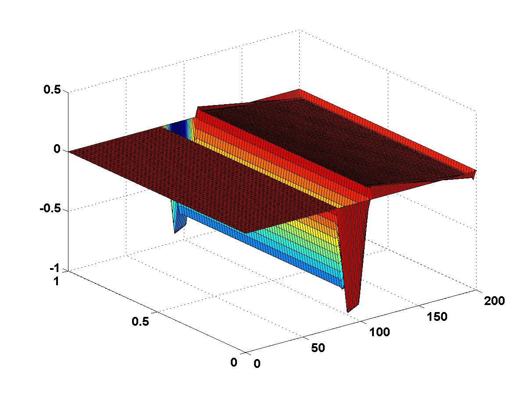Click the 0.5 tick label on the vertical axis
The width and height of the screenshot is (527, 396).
tap(52, 89)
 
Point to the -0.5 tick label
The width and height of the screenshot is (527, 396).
tap(50, 208)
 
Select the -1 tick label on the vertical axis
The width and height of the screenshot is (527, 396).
tap(54, 268)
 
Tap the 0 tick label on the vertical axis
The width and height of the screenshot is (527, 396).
tap(57, 149)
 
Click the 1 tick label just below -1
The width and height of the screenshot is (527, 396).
tap(57, 281)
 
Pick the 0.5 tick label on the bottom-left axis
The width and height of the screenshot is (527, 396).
tap(140, 321)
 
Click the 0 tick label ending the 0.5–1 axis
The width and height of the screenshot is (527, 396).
tap(234, 362)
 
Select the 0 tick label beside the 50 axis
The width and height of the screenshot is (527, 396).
tap(257, 363)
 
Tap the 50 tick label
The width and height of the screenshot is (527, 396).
tap(318, 348)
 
